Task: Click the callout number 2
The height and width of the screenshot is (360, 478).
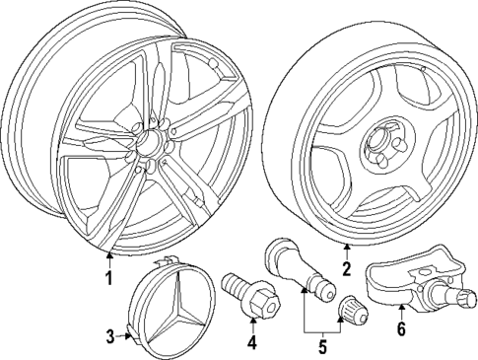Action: click(x=346, y=267)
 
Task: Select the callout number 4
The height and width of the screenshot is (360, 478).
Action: click(x=252, y=343)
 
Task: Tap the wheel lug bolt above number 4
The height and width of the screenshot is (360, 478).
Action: click(x=246, y=294)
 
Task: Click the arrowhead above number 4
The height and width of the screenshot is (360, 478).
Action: click(x=252, y=320)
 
